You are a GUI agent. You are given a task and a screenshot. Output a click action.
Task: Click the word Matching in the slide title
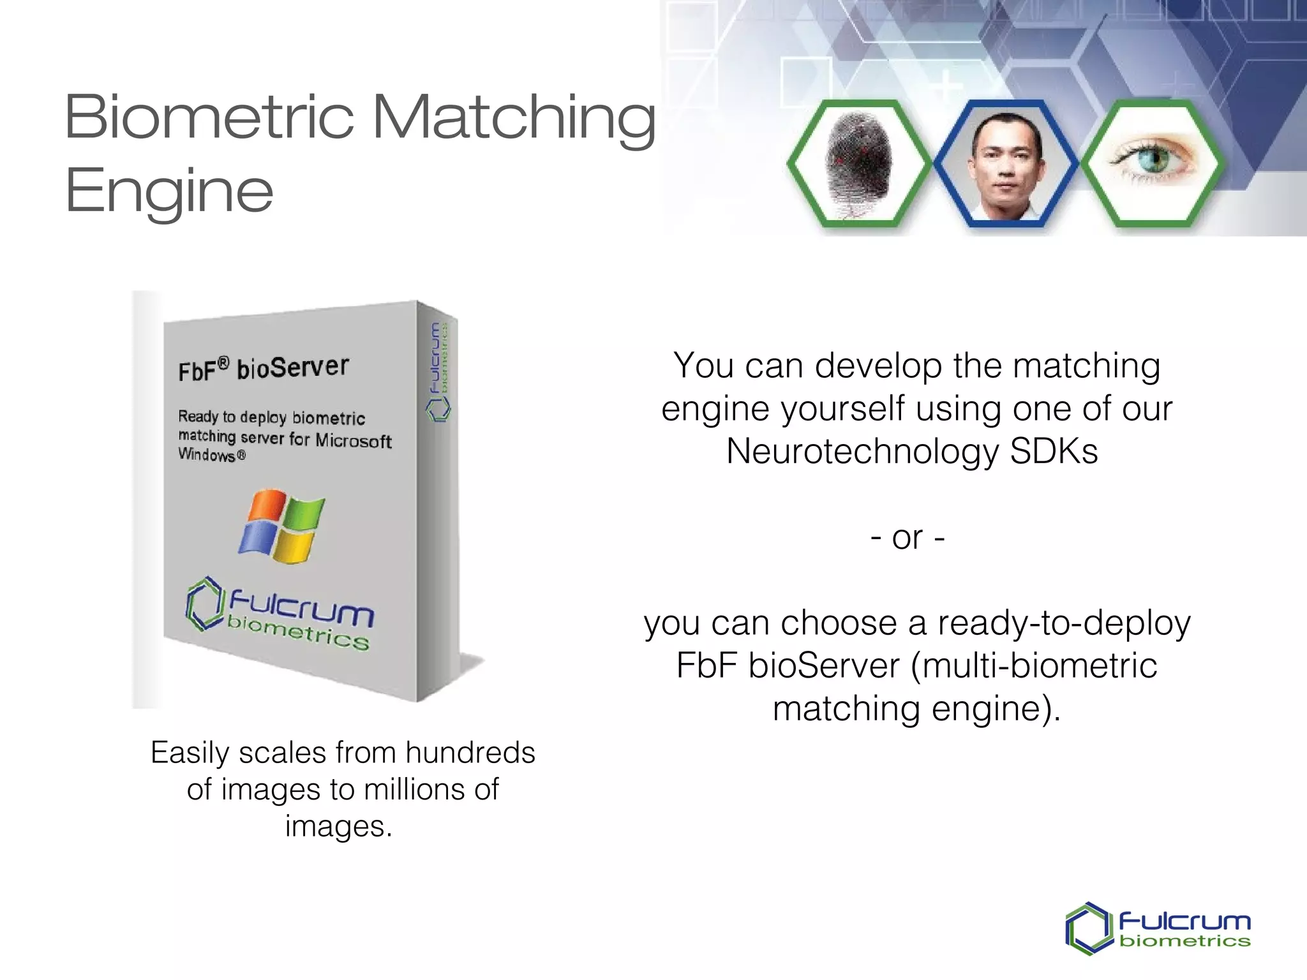pos(514,118)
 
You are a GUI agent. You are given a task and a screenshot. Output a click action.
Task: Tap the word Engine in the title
pos(169,190)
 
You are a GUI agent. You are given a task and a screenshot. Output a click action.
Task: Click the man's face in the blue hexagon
pos(1005,160)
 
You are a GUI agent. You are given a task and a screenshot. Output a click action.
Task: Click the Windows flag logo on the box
pos(281,526)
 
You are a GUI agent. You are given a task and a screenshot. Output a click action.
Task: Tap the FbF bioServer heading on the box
pos(264,368)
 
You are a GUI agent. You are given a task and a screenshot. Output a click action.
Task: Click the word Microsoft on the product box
pos(353,441)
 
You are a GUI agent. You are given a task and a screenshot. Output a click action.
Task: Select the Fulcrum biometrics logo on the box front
pos(280,614)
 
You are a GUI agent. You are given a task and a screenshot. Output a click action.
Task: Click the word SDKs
pos(1054,451)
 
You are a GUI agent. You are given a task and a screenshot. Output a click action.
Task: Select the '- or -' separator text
pos(907,538)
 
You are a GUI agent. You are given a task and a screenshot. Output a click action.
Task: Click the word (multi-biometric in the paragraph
pos(1034,666)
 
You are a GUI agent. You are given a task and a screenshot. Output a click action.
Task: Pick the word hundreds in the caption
pos(470,753)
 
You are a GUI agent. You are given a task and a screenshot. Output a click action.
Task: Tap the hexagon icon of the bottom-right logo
pos(1089,928)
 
